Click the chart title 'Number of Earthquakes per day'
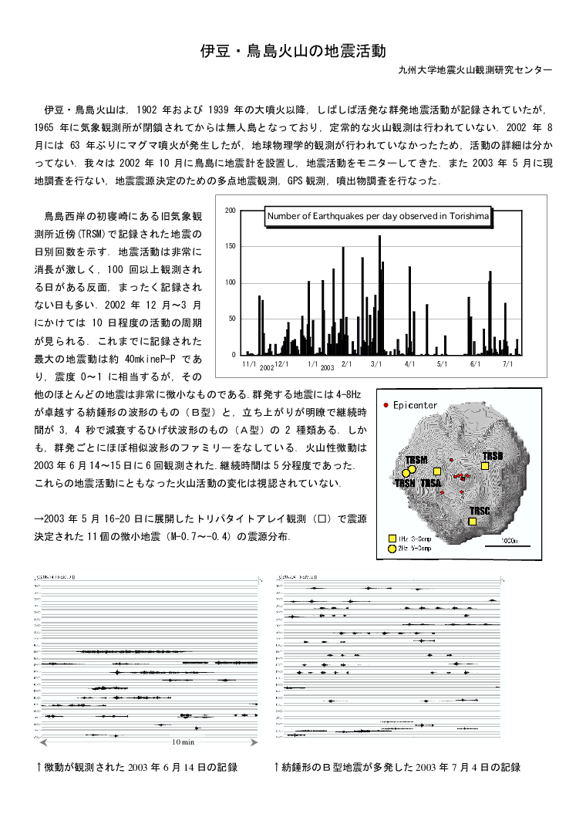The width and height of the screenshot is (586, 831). (x=378, y=217)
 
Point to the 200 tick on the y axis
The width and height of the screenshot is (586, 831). (x=231, y=211)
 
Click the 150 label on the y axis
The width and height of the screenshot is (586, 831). (x=231, y=247)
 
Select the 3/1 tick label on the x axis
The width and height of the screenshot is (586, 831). (x=376, y=363)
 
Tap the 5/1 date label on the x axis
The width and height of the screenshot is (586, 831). (x=442, y=363)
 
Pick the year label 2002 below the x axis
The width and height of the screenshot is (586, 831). (x=267, y=368)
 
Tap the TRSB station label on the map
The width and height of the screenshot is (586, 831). (x=492, y=456)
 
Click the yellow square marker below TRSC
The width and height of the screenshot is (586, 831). (x=473, y=522)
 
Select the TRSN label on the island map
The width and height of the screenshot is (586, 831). (x=405, y=483)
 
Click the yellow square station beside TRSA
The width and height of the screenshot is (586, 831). (x=437, y=471)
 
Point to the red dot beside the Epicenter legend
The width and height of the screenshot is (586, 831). (x=386, y=405)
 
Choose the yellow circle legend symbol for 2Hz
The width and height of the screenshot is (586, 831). (x=392, y=548)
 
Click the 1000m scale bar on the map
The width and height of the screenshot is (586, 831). (x=507, y=546)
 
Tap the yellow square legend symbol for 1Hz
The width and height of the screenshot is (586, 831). (x=392, y=538)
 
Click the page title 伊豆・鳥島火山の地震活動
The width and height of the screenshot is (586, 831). (x=292, y=52)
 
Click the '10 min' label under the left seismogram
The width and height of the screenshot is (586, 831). (x=183, y=741)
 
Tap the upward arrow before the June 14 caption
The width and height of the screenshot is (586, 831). (x=39, y=767)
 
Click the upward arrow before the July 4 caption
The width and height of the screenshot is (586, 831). (x=277, y=767)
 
